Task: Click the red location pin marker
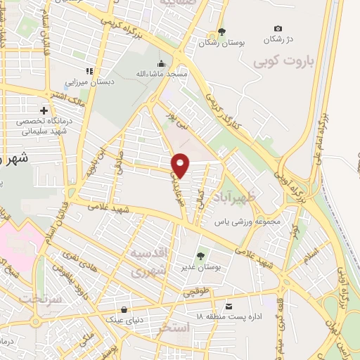(x=181, y=165)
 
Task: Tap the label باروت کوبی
(x=284, y=61)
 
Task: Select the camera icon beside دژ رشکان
(x=278, y=28)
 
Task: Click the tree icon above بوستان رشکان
(x=222, y=31)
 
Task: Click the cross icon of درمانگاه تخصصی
(x=44, y=111)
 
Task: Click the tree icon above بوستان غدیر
(x=201, y=256)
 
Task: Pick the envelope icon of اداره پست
(x=229, y=306)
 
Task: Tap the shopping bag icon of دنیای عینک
(x=124, y=309)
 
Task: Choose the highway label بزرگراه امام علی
(x=325, y=134)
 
